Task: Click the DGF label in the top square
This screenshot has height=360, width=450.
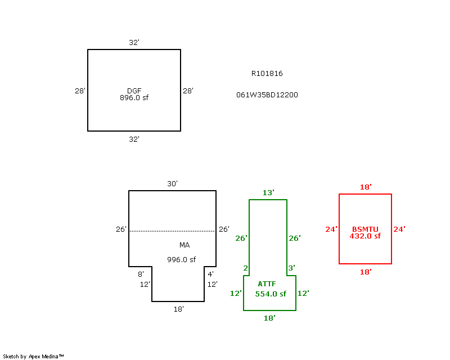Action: (134, 91)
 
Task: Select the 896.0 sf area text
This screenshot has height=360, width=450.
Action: (134, 98)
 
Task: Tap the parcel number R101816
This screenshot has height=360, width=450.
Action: (267, 74)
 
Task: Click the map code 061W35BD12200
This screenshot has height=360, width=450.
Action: (267, 95)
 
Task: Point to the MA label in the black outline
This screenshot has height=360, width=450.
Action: (184, 245)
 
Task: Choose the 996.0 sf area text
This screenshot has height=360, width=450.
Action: (181, 260)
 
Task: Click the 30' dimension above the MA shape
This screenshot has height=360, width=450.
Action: (172, 184)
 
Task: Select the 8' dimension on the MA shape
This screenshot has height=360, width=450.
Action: (141, 274)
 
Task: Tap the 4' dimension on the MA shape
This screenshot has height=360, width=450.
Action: (210, 274)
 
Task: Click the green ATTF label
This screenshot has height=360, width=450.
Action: (267, 284)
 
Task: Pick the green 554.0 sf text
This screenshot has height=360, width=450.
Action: (271, 294)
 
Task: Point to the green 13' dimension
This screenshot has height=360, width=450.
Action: (268, 193)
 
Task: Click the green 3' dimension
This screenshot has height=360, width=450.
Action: (291, 268)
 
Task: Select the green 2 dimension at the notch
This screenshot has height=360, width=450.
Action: (245, 268)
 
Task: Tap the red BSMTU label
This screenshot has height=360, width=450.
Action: (365, 229)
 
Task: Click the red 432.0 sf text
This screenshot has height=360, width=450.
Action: (365, 236)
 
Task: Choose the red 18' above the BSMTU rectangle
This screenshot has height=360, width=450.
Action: (366, 187)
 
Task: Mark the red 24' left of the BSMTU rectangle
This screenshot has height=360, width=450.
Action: (331, 229)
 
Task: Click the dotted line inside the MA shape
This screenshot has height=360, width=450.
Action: (172, 231)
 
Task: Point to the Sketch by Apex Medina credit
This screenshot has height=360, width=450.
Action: (33, 357)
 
